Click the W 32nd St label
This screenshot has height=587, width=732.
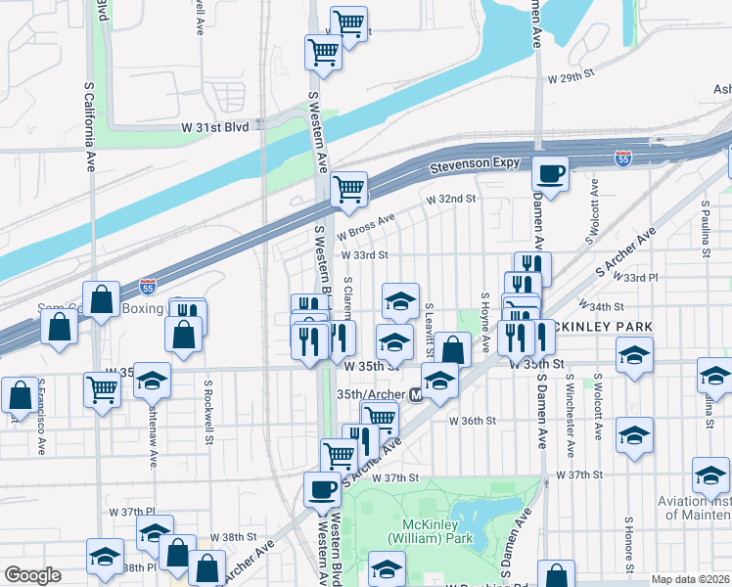(x=449, y=199)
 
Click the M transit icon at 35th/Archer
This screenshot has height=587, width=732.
(x=415, y=395)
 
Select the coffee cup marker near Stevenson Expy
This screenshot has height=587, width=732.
(x=550, y=173)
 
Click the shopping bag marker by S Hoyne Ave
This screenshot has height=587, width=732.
(x=452, y=348)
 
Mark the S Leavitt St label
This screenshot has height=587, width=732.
(x=429, y=330)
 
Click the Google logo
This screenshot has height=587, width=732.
(x=32, y=575)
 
